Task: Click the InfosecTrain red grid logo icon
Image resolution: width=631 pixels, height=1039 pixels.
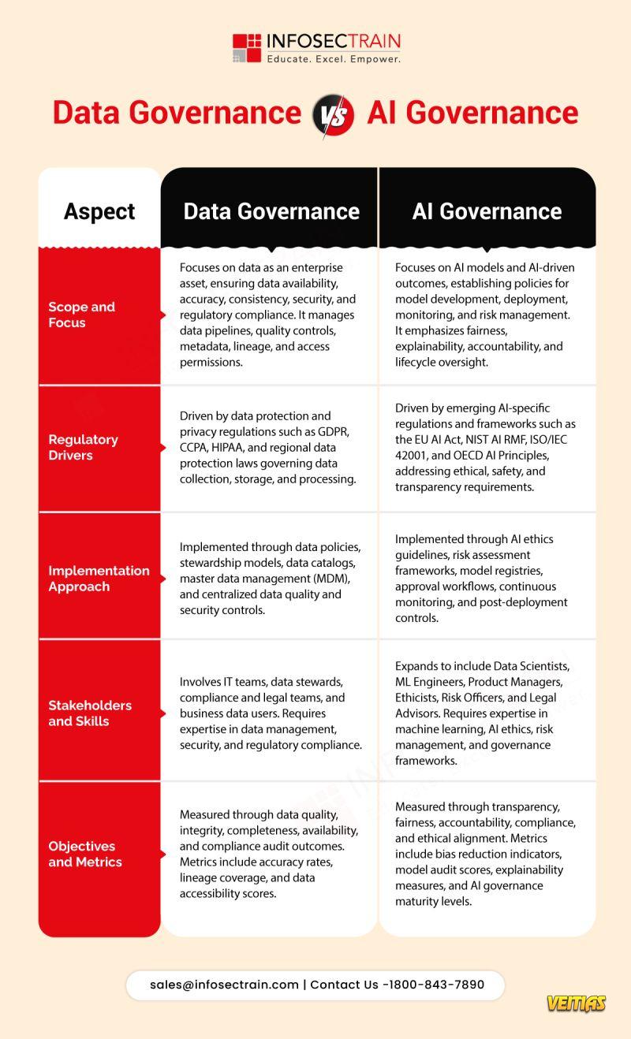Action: pos(246,47)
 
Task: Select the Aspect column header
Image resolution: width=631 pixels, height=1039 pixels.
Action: pos(99,211)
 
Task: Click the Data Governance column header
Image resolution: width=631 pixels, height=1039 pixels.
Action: pos(271,211)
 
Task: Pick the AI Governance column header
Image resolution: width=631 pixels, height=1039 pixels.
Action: pos(487,211)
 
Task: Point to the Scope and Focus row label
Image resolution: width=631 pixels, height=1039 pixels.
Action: pos(81,315)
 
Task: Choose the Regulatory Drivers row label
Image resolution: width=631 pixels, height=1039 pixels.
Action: pos(83,447)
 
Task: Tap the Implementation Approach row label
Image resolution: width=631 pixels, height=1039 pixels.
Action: pos(99,578)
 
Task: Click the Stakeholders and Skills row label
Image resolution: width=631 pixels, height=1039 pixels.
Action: pos(89,713)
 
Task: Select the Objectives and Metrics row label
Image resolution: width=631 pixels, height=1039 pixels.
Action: pos(84,854)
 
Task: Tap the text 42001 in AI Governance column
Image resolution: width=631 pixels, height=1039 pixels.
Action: pos(413,456)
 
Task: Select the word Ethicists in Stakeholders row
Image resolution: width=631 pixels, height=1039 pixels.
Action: pos(418,698)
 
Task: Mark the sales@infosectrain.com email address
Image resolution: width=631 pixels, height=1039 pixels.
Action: pos(224,985)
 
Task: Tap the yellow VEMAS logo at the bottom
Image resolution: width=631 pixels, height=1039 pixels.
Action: pos(576,1004)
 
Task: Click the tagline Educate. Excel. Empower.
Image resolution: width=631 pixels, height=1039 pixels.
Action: pos(333,59)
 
